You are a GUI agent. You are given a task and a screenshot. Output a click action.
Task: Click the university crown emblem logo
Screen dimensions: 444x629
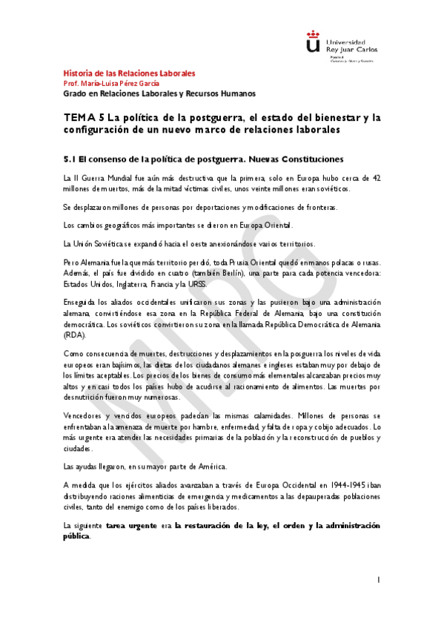click(x=314, y=43)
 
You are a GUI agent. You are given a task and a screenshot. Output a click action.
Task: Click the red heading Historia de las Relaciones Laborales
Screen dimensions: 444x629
click(x=129, y=73)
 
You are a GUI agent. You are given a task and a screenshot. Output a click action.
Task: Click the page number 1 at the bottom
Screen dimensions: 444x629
click(x=378, y=579)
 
